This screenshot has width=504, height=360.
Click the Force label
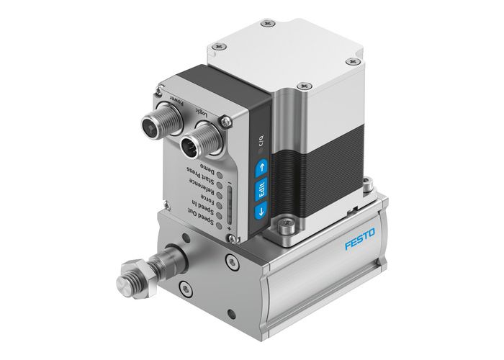(x=204, y=195)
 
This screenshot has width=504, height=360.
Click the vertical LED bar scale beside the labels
(x=230, y=206)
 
